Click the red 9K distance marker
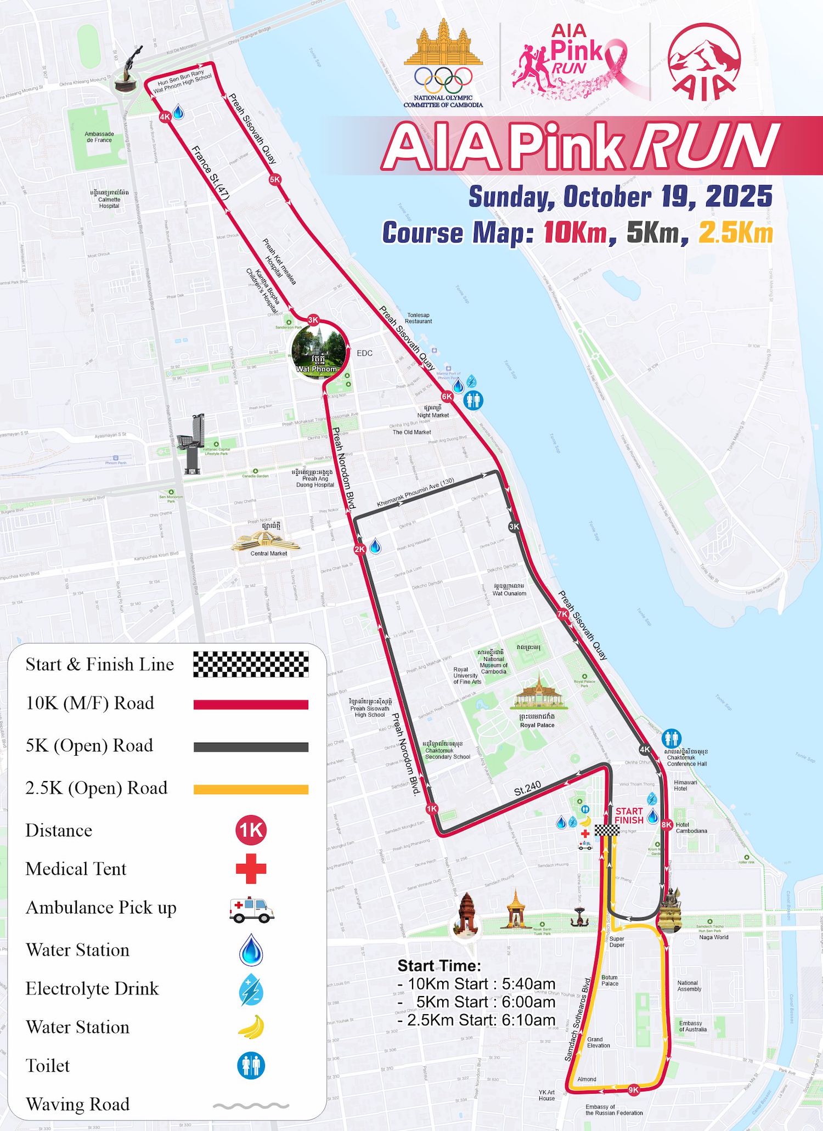click(633, 1090)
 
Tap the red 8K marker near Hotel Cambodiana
click(667, 824)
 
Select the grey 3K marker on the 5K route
click(514, 527)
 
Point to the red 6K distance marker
click(447, 397)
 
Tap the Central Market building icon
click(266, 540)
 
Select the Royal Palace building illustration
click(538, 694)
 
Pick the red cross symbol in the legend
click(251, 868)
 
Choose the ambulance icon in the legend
click(251, 909)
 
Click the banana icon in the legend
click(251, 1027)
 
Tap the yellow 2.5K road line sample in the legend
click(251, 790)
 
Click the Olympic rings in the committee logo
click(443, 80)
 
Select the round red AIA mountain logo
click(704, 61)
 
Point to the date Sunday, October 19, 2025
click(621, 197)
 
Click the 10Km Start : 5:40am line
click(476, 984)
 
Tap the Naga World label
click(714, 937)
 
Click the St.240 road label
click(527, 789)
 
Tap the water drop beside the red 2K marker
click(375, 547)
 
